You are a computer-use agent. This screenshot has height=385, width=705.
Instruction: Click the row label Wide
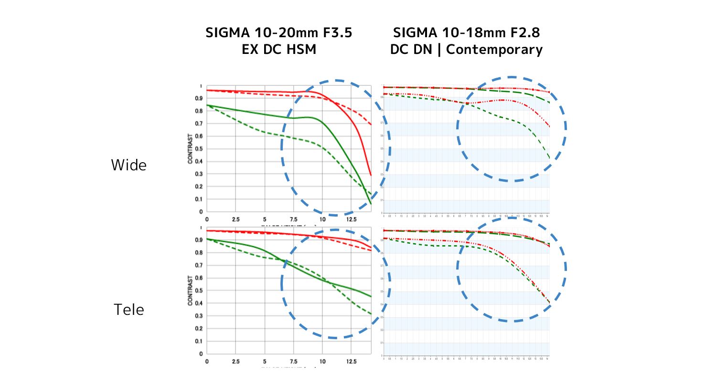click(129, 165)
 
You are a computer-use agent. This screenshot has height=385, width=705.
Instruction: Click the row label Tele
click(129, 310)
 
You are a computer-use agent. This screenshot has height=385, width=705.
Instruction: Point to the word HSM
click(300, 49)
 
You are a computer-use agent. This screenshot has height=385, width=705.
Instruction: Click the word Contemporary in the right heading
click(494, 49)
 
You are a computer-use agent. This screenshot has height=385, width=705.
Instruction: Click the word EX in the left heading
click(250, 49)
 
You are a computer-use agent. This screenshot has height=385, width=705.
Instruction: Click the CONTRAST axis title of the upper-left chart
click(190, 149)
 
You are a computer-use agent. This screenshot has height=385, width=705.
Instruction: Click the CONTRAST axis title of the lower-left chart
click(190, 290)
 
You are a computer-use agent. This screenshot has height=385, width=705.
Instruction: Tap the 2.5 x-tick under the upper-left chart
click(235, 219)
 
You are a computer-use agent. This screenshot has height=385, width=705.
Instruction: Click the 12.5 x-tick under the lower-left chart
click(352, 361)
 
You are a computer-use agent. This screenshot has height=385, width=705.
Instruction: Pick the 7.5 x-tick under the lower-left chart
click(293, 361)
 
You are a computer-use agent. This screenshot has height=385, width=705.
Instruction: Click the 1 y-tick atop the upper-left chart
click(201, 86)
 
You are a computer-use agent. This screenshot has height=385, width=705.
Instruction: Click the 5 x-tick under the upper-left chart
click(265, 219)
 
